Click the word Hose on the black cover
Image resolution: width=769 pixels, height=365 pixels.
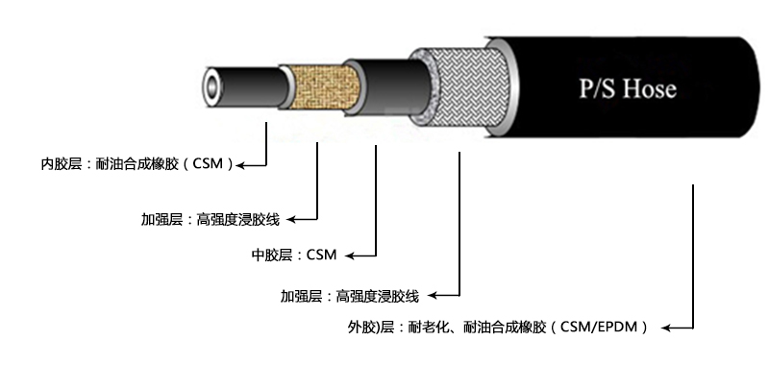(649, 89)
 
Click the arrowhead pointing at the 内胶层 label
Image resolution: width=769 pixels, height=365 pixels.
(243, 164)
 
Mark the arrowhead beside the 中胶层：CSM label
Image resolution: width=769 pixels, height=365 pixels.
(349, 255)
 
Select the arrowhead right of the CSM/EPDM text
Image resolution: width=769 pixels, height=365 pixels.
(665, 328)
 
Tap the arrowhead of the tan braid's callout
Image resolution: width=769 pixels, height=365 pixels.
(293, 219)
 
